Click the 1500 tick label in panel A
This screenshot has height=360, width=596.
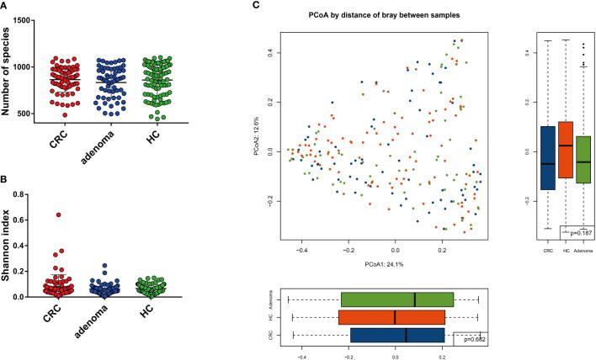coord(31,19)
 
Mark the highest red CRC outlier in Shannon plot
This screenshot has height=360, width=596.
coord(59,214)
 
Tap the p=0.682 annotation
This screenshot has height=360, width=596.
coord(470,338)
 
